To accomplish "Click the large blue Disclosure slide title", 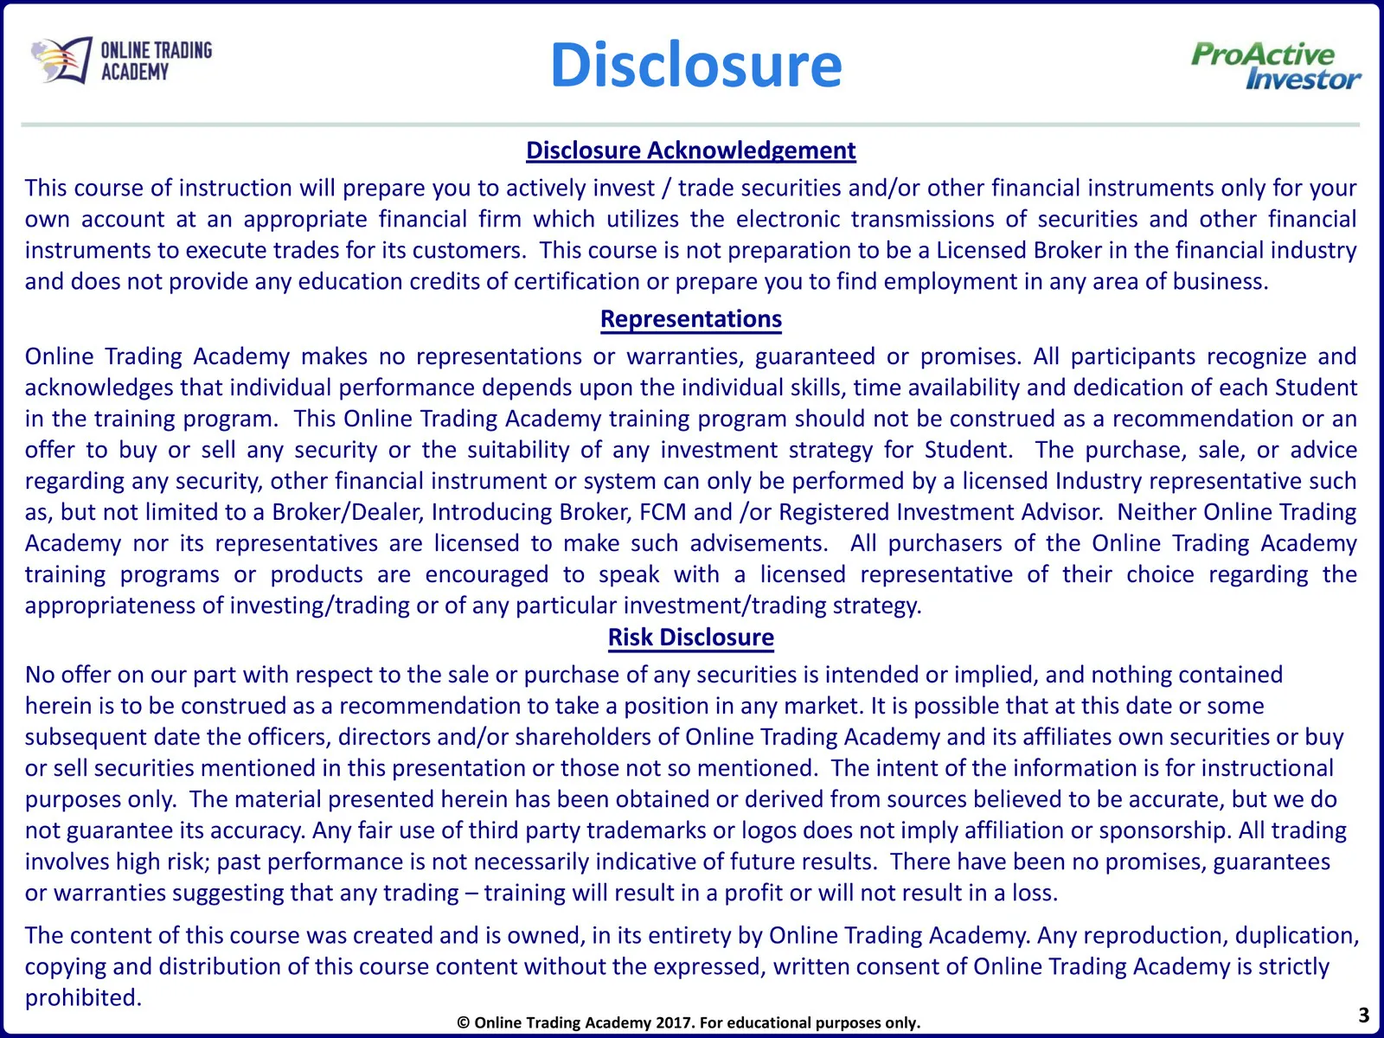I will point(695,66).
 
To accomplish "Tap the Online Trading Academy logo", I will point(121,61).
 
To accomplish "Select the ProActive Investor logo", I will point(1275,67).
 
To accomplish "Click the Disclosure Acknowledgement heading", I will point(690,151).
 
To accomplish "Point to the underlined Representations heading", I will point(690,319).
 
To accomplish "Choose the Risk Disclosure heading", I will point(690,638).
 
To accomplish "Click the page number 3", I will point(1364,1015).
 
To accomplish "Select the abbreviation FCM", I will point(663,512).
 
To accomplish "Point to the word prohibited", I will point(82,998).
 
